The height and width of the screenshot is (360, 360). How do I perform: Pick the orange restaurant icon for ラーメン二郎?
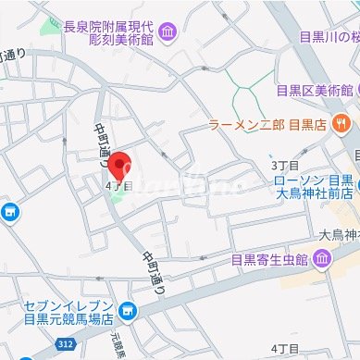(x=341, y=121)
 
